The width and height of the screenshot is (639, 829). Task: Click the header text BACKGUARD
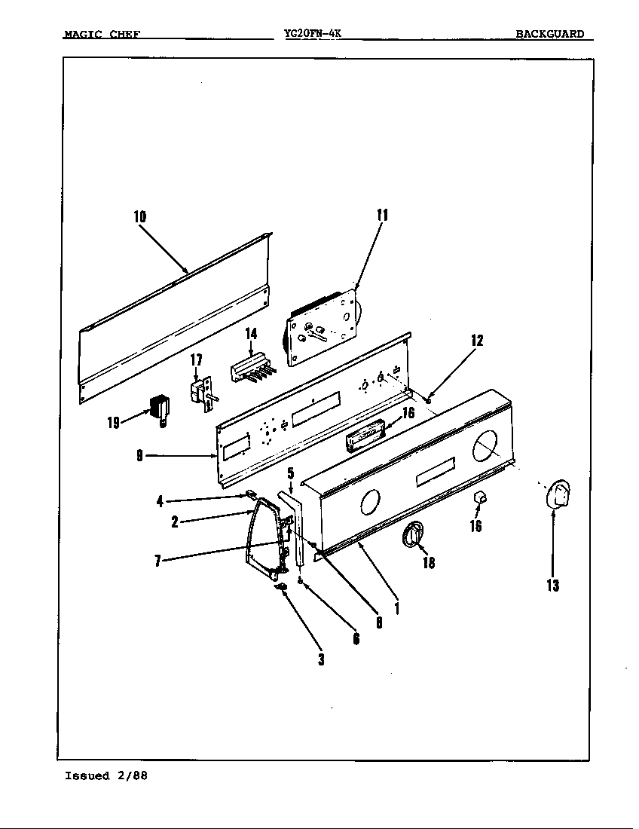549,34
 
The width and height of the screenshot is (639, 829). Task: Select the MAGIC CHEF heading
102,34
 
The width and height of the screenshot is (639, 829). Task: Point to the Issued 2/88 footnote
106,776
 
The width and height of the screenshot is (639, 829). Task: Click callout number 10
139,216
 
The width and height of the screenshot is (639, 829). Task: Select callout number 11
381,215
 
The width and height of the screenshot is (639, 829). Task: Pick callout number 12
477,340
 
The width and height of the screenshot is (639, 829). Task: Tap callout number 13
553,585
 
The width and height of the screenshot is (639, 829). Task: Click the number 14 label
252,334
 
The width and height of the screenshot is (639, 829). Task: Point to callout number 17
196,360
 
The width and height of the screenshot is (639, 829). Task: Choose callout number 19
113,422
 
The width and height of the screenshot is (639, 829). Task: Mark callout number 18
428,562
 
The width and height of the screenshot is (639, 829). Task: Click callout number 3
321,659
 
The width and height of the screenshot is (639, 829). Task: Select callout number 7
157,561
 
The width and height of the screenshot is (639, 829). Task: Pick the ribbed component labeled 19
160,410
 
